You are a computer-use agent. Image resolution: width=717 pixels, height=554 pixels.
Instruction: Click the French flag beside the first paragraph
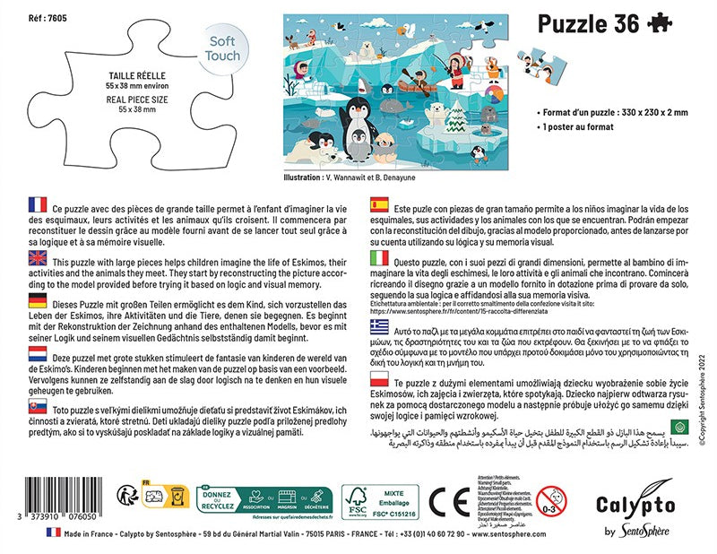[38, 205]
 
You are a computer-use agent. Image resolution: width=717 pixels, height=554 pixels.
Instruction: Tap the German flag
[38, 300]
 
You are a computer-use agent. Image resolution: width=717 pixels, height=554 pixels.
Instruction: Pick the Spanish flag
[380, 205]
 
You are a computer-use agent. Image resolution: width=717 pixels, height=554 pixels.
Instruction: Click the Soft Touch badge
[224, 48]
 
